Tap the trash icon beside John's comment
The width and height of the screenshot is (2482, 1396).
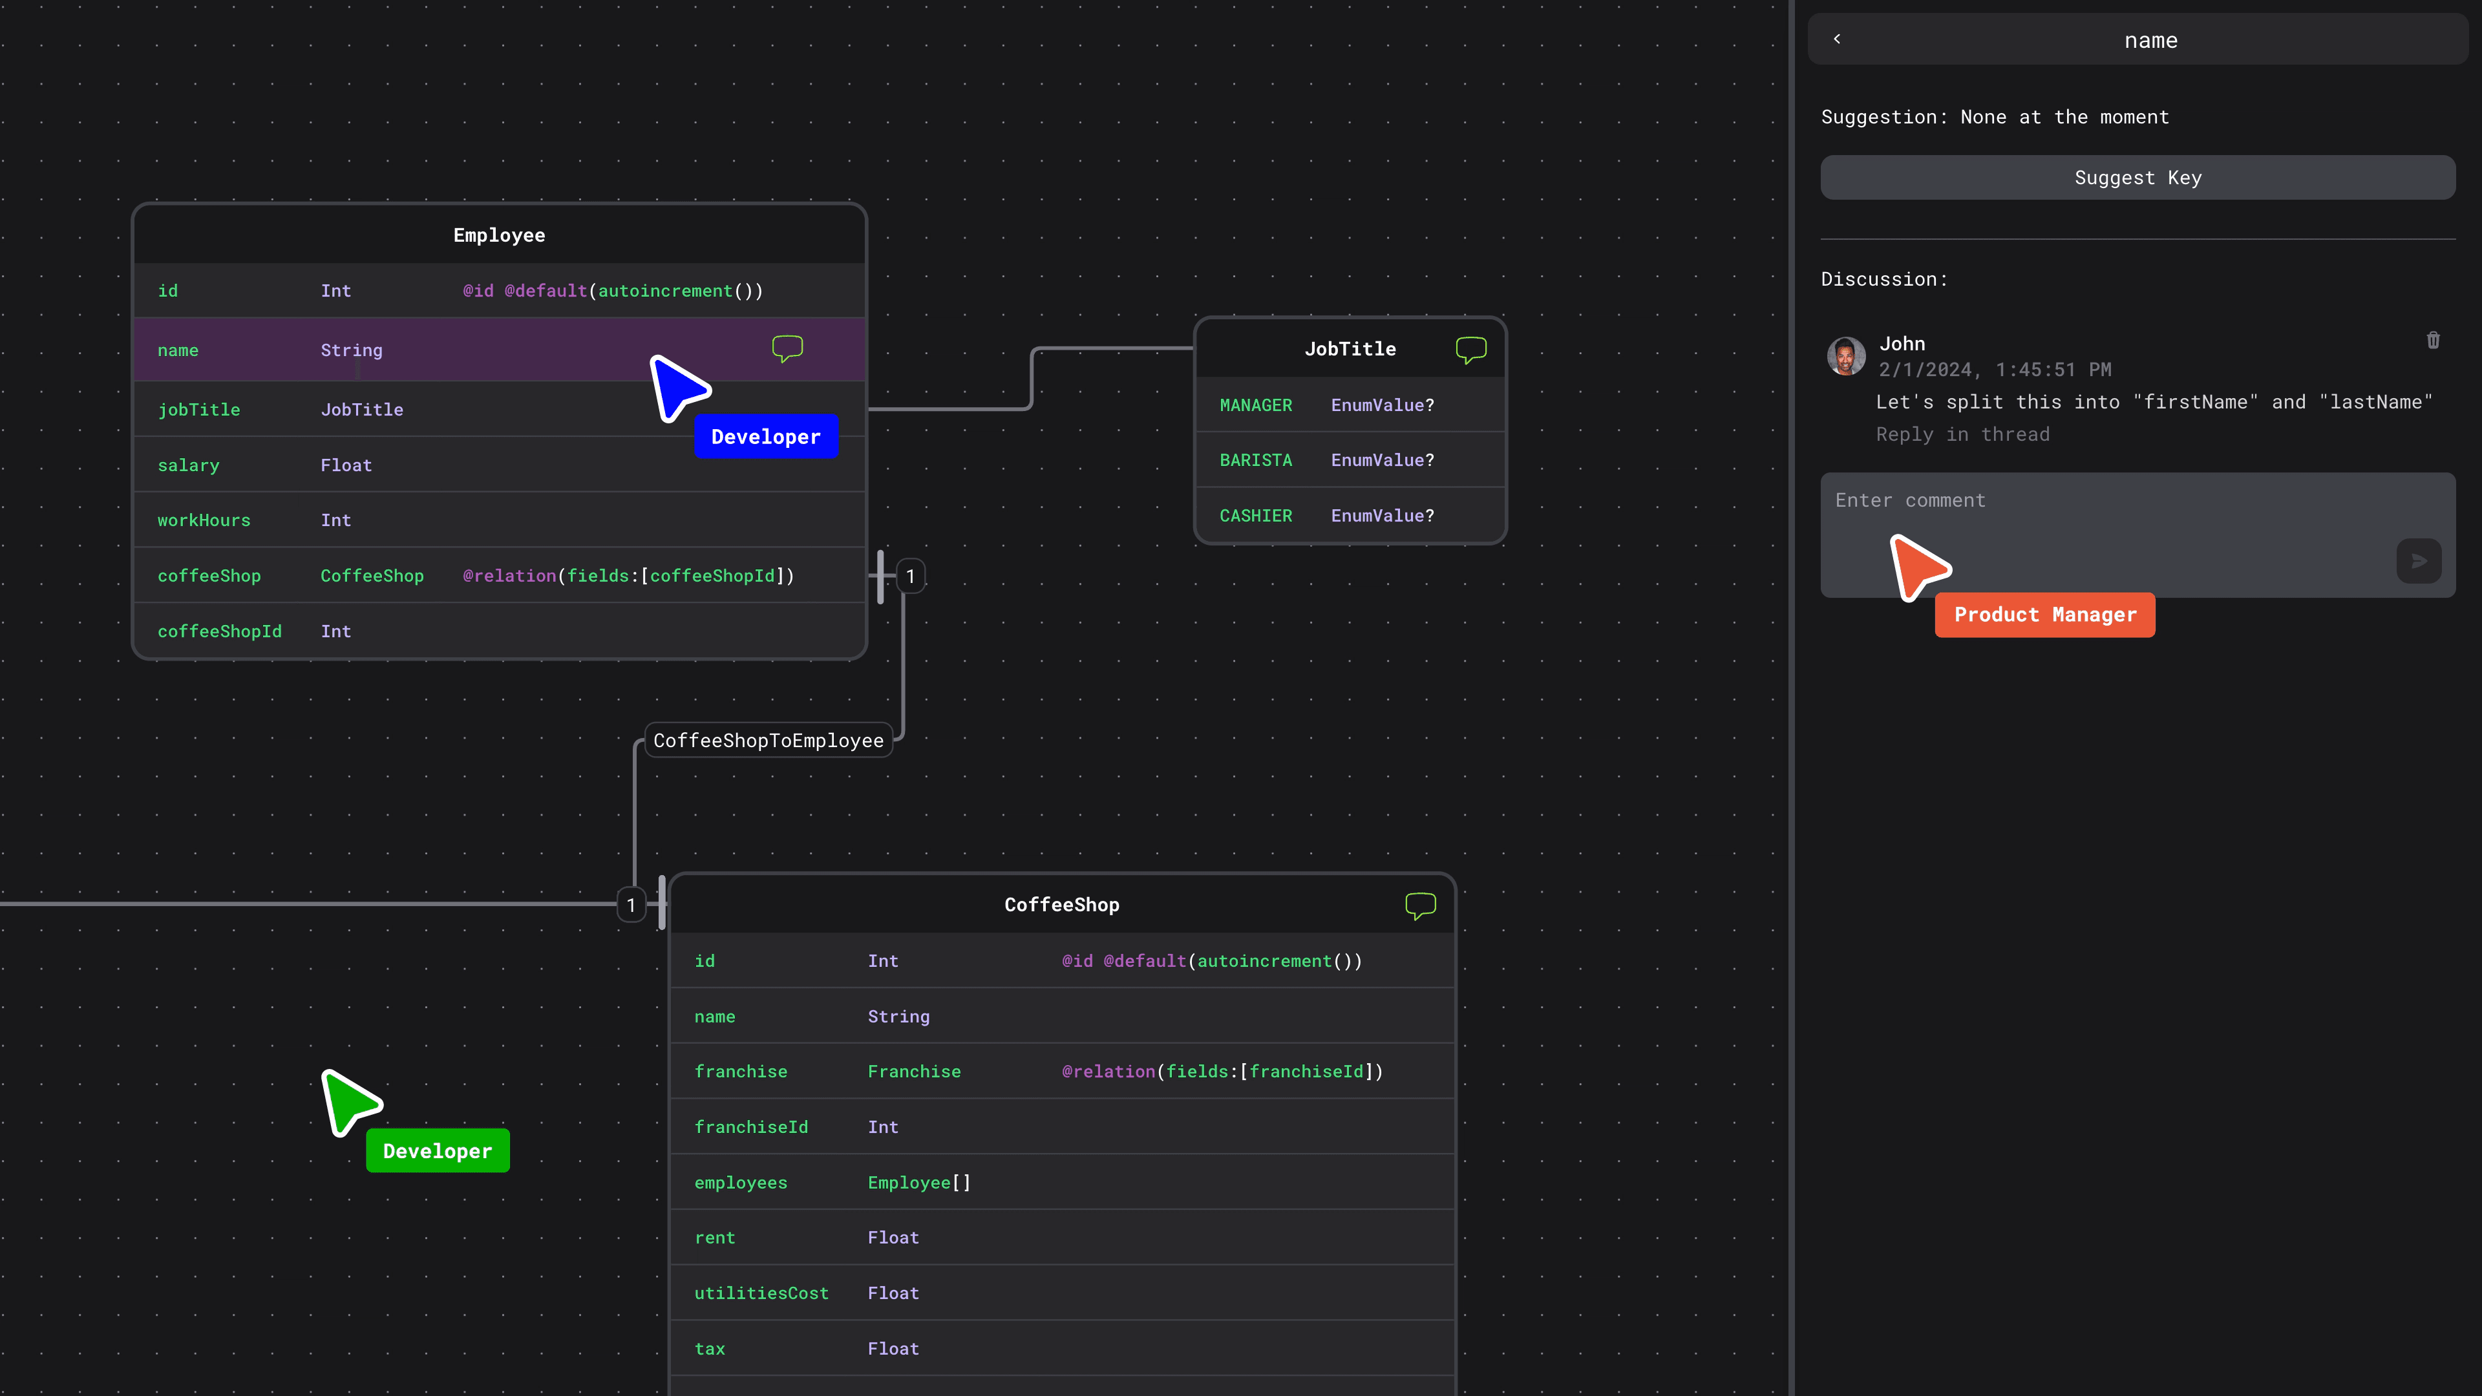2433,340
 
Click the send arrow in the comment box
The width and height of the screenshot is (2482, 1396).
2419,561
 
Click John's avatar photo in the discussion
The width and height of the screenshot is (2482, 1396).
1846,355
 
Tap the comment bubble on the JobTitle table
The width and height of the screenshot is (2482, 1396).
1470,349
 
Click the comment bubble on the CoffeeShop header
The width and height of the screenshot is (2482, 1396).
1420,905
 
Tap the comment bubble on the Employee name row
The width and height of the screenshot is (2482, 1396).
787,348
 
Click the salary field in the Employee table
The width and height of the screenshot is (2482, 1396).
189,465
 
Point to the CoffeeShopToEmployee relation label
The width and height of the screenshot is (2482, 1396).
768,741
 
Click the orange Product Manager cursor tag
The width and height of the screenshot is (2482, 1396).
2044,615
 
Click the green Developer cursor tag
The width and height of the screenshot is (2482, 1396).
438,1150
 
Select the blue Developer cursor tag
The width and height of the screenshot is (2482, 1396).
766,436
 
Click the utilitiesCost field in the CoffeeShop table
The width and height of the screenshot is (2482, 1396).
761,1293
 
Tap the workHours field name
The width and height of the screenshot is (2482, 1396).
204,520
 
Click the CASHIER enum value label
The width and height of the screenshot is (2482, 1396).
1255,516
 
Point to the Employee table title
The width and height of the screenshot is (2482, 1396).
499,235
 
